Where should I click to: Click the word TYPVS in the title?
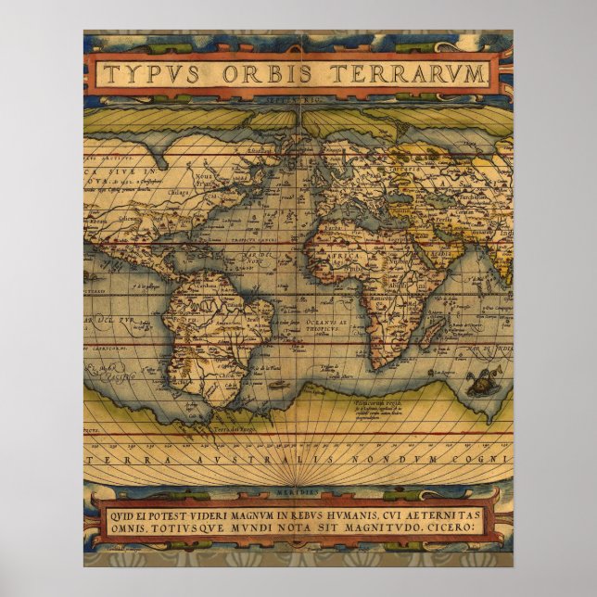point(149,74)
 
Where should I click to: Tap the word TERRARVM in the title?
point(398,74)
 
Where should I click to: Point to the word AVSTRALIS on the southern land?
point(222,458)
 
